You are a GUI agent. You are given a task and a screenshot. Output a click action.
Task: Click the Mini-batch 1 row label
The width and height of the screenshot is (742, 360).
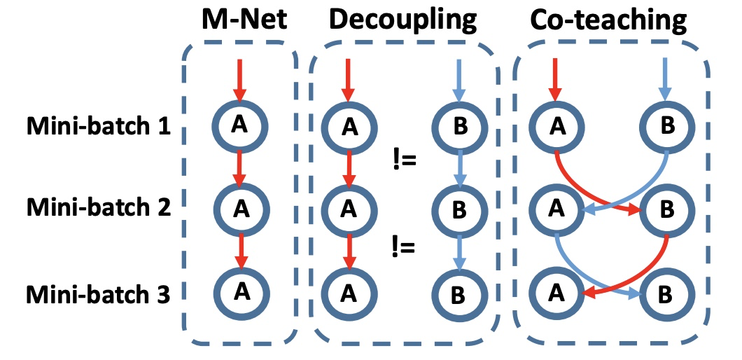point(98,128)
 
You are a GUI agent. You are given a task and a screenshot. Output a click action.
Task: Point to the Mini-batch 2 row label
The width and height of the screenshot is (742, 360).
point(98,209)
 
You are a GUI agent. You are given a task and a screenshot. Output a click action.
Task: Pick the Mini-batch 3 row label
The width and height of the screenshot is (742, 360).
point(98,293)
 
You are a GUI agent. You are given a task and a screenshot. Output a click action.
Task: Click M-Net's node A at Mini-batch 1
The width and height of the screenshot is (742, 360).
point(239,125)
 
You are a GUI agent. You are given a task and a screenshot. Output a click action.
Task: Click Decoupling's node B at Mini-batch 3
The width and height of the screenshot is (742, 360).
point(458,293)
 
